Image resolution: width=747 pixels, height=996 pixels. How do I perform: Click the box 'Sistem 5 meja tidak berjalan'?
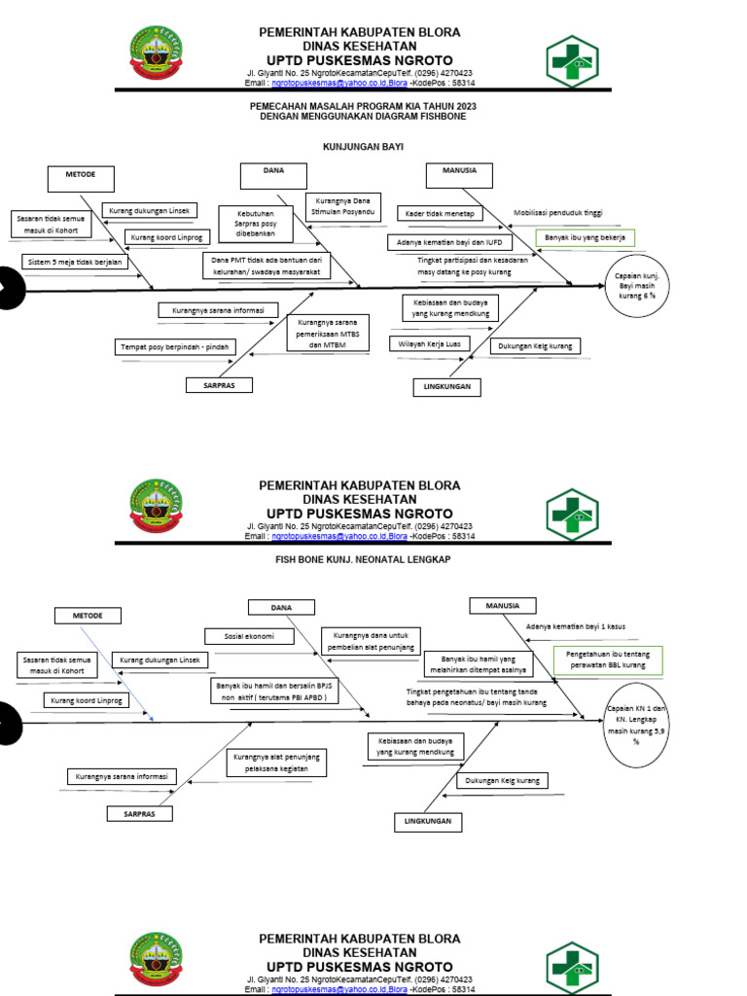pyautogui.click(x=74, y=262)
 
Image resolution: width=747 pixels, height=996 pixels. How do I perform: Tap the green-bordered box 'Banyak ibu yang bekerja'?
pyautogui.click(x=585, y=237)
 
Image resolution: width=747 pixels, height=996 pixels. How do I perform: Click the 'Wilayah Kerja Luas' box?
pyautogui.click(x=430, y=343)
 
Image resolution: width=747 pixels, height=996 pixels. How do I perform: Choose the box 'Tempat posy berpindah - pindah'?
pyautogui.click(x=175, y=346)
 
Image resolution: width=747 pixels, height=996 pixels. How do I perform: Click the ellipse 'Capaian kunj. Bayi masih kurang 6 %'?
pyautogui.click(x=637, y=289)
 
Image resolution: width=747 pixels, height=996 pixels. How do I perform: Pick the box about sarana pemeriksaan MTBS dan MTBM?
pyautogui.click(x=328, y=333)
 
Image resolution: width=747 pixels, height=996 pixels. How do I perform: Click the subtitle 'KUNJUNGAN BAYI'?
pyautogui.click(x=363, y=147)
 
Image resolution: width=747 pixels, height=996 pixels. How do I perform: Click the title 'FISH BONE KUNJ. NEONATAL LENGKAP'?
pyautogui.click(x=363, y=560)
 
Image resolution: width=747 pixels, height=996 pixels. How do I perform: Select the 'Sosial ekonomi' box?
pyautogui.click(x=245, y=636)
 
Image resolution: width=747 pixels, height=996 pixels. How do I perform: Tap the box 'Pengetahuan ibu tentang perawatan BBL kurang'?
pyautogui.click(x=607, y=660)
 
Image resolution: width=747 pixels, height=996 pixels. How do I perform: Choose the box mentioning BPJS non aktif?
pyautogui.click(x=274, y=691)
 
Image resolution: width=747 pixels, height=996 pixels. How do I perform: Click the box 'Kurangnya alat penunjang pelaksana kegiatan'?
pyautogui.click(x=277, y=762)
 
